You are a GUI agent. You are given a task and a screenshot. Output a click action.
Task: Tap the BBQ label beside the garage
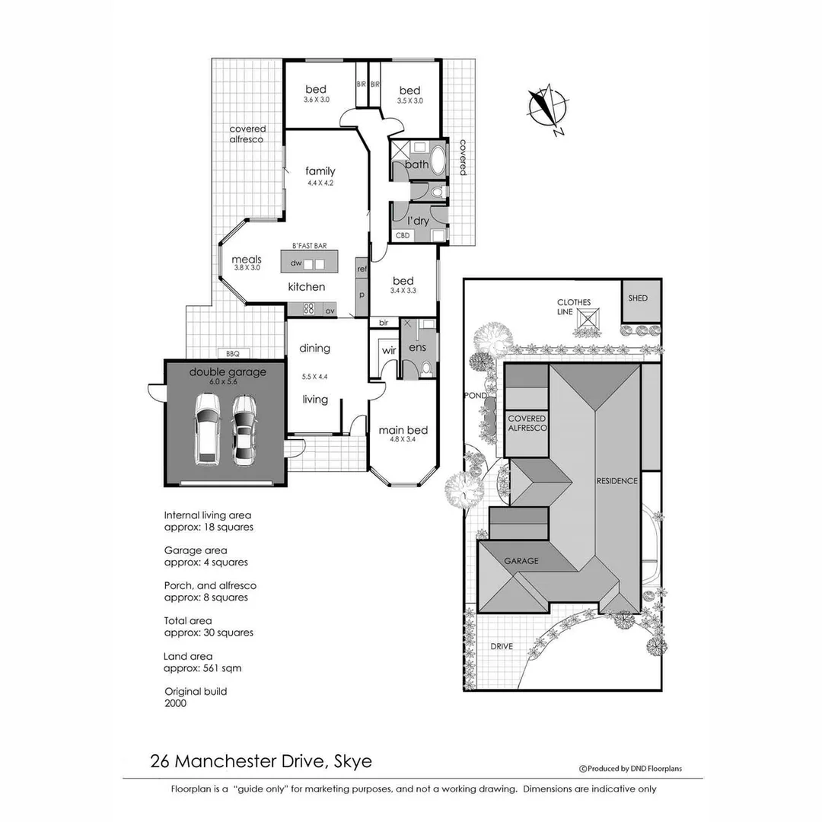point(232,353)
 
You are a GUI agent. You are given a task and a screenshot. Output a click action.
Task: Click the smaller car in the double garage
point(244,430)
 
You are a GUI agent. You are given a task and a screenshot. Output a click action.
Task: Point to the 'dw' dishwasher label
point(297,263)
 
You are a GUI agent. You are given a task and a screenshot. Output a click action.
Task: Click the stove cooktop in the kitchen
point(309,310)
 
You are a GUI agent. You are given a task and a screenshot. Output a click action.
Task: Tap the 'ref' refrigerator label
point(362,269)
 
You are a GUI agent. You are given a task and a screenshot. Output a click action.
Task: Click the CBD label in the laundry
point(403,235)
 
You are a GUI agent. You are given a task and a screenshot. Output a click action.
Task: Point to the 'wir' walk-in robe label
point(389,350)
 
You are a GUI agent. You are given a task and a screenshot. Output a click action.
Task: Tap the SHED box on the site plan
point(638,298)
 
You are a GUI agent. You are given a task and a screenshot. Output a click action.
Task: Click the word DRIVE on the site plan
point(501,646)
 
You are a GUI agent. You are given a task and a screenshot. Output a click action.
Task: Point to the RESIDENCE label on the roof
point(616,480)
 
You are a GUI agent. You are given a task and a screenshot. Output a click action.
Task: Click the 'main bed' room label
point(403,430)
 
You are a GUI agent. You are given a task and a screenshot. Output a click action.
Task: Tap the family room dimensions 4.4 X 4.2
point(320,183)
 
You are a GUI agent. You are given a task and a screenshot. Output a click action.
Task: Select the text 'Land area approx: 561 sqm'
point(202,662)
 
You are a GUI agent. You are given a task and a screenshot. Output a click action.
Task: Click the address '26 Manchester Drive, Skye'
point(261,760)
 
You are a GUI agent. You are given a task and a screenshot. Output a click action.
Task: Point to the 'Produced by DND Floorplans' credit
point(631,769)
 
